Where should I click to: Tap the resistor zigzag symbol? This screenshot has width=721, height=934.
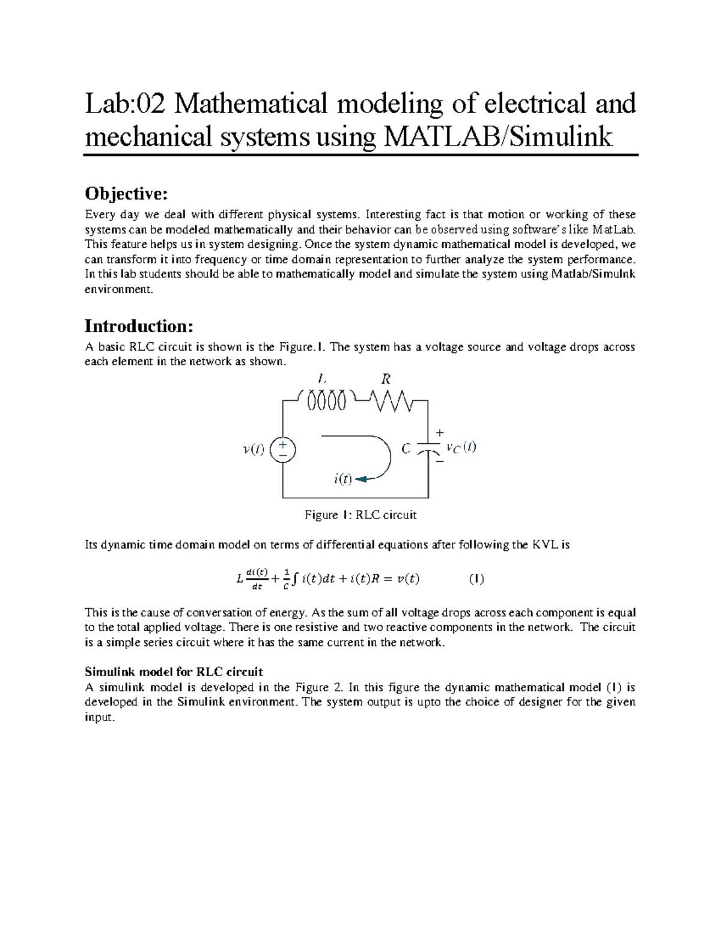(x=391, y=400)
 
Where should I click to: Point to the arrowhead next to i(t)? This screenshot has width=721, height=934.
(x=362, y=479)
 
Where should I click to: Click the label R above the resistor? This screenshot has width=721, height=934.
(x=386, y=379)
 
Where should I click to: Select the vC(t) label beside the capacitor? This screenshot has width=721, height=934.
(x=461, y=447)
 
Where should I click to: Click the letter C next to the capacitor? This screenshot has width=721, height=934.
(x=406, y=449)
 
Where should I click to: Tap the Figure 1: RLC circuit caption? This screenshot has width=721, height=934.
(x=360, y=515)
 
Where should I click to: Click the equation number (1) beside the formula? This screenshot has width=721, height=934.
(x=476, y=579)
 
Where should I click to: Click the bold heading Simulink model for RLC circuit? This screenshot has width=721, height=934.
(x=174, y=671)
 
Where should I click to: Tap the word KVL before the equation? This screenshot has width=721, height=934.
(x=541, y=545)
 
